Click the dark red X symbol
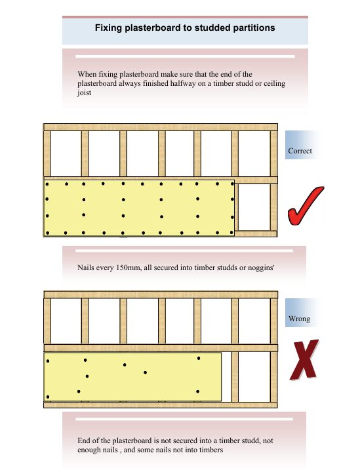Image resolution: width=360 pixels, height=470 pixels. click(x=304, y=359)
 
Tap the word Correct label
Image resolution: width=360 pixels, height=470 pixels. click(x=300, y=151)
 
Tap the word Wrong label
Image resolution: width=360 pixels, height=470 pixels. click(x=299, y=319)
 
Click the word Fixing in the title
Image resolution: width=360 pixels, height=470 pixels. click(x=108, y=28)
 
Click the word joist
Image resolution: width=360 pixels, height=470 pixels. click(x=84, y=92)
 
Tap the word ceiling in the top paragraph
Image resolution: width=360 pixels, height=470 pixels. click(x=274, y=83)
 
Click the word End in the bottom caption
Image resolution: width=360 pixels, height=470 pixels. click(x=84, y=441)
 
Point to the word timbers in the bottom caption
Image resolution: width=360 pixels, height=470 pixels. click(x=211, y=450)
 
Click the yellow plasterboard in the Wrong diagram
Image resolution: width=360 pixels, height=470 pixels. click(x=133, y=377)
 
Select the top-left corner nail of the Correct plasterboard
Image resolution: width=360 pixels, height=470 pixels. click(x=47, y=184)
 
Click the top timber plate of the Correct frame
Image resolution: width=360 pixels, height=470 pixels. click(x=161, y=127)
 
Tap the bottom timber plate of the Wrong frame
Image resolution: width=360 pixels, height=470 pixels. click(x=161, y=405)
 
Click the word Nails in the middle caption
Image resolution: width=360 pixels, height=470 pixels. click(x=86, y=267)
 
